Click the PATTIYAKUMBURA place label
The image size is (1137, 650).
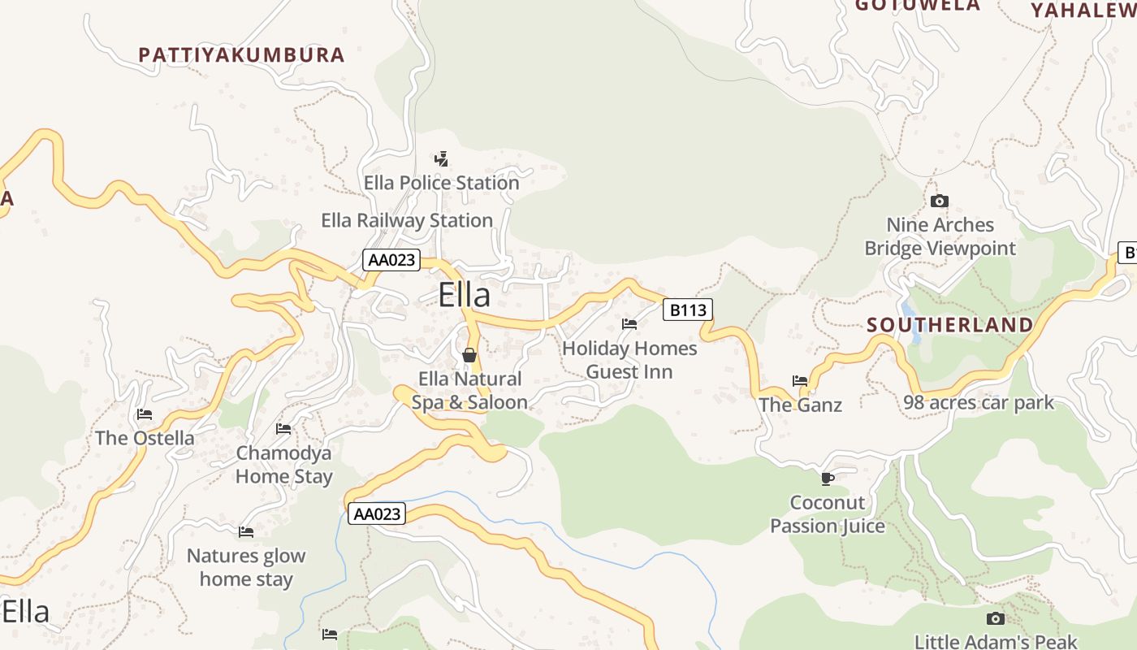point(241,55)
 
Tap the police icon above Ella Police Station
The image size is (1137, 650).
point(441,158)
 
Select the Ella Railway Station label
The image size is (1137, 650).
point(407,220)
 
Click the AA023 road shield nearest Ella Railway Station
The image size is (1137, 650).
point(391,260)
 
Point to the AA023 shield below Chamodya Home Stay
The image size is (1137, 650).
point(377,513)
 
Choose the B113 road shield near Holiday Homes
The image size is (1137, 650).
point(687,310)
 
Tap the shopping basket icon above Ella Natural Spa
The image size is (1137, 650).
point(469,355)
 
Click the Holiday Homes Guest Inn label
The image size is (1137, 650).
point(629,360)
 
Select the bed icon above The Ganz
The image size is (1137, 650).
point(800,380)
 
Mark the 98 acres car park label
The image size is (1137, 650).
point(979,402)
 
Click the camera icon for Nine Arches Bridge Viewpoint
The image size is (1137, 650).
point(940,201)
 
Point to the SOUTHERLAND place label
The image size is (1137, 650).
point(949,325)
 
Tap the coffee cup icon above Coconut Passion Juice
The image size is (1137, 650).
point(827,479)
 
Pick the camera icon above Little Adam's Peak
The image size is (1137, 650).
point(995,618)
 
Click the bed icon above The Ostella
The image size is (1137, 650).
point(145,414)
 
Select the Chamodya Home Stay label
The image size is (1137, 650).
point(283,465)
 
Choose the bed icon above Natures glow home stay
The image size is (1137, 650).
point(246,532)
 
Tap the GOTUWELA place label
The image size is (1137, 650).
point(918,6)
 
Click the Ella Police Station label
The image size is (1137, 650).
point(441,183)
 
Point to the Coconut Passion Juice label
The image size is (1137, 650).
point(827,514)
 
